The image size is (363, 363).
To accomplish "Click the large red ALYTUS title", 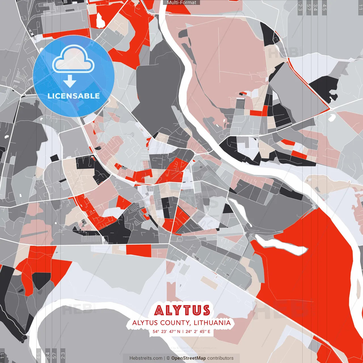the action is click(x=182, y=310).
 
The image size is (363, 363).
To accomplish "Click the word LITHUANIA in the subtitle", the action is click(x=212, y=323).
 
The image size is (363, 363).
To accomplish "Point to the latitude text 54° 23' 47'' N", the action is click(x=166, y=331).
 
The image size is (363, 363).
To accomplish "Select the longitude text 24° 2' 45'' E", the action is click(x=198, y=331).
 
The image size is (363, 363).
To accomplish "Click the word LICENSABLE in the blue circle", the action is click(x=74, y=96).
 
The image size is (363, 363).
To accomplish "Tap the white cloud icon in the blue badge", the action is click(x=73, y=60).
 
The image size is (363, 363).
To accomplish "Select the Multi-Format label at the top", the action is click(x=181, y=3).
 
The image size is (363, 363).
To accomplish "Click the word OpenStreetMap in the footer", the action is click(x=189, y=358).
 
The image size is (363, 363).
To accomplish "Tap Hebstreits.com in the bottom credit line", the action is click(x=146, y=358).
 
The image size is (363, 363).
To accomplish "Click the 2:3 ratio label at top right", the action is click(x=300, y=7).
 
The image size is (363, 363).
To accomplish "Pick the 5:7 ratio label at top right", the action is click(x=309, y=7).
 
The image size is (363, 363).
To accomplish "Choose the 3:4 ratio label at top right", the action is click(x=315, y=7).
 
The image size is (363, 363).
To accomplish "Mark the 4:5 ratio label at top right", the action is click(x=324, y=7).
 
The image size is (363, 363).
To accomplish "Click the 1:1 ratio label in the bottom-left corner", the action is click(x=2, y=356).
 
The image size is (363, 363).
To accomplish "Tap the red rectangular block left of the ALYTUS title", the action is click(x=139, y=250).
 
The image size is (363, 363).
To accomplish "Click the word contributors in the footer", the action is click(x=220, y=358).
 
